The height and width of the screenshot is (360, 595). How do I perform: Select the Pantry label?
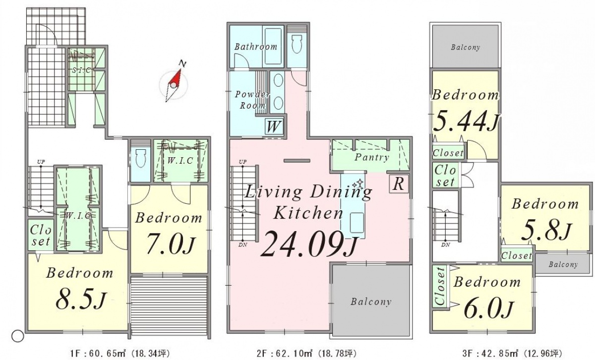[371, 157]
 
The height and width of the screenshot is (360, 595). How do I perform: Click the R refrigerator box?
[399, 183]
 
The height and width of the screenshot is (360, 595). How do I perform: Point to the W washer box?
[273, 127]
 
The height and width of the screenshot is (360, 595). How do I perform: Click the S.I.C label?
[82, 70]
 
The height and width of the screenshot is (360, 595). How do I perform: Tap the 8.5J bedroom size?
[81, 299]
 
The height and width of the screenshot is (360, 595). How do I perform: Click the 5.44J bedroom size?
[466, 121]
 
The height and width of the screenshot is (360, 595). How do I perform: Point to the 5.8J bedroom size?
[545, 231]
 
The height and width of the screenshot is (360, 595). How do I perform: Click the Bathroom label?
[256, 47]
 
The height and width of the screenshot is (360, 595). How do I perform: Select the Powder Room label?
[252, 100]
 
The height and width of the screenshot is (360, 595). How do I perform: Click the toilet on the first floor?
[139, 159]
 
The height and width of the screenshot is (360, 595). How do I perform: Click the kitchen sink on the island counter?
[357, 223]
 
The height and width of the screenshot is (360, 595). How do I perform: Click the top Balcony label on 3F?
[466, 47]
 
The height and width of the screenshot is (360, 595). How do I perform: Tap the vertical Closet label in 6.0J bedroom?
[440, 286]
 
